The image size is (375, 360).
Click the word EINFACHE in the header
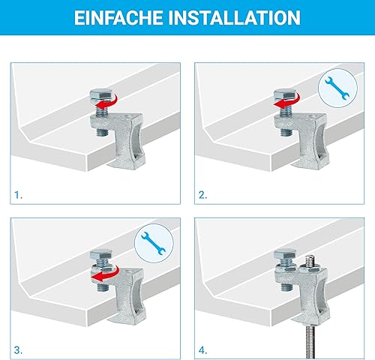pos(118,17)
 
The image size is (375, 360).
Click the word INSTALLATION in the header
pos(234,17)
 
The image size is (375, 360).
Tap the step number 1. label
pos(18,195)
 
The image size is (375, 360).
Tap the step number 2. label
pos(202,195)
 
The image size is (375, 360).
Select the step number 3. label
pos(18,350)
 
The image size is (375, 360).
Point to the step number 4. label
pos(202,350)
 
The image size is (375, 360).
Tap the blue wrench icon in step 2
pos(337,88)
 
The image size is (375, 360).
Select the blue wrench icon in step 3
pos(153,244)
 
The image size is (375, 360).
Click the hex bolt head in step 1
pos(100,94)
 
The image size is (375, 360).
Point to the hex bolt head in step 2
pos(285,94)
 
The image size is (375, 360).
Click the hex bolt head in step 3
pos(100,254)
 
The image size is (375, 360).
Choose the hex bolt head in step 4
pos(285,254)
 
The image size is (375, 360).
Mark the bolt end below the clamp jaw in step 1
pos(102,132)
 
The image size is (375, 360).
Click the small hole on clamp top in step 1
pos(127,116)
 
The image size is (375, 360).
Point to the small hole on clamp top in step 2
pos(310,116)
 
